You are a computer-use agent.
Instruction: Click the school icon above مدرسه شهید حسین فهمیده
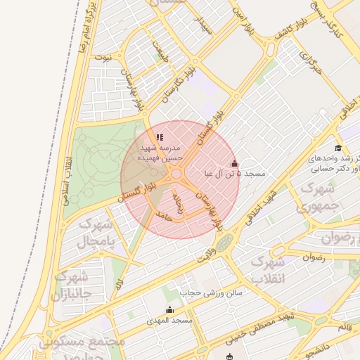pyautogui.click(x=160, y=137)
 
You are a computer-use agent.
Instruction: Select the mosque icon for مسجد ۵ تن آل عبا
pyautogui.click(x=234, y=163)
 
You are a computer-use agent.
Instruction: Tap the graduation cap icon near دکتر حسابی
pyautogui.click(x=338, y=148)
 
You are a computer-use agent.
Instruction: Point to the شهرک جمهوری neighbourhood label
pyautogui.click(x=319, y=198)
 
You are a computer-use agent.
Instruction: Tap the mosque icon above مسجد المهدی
pyautogui.click(x=169, y=310)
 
